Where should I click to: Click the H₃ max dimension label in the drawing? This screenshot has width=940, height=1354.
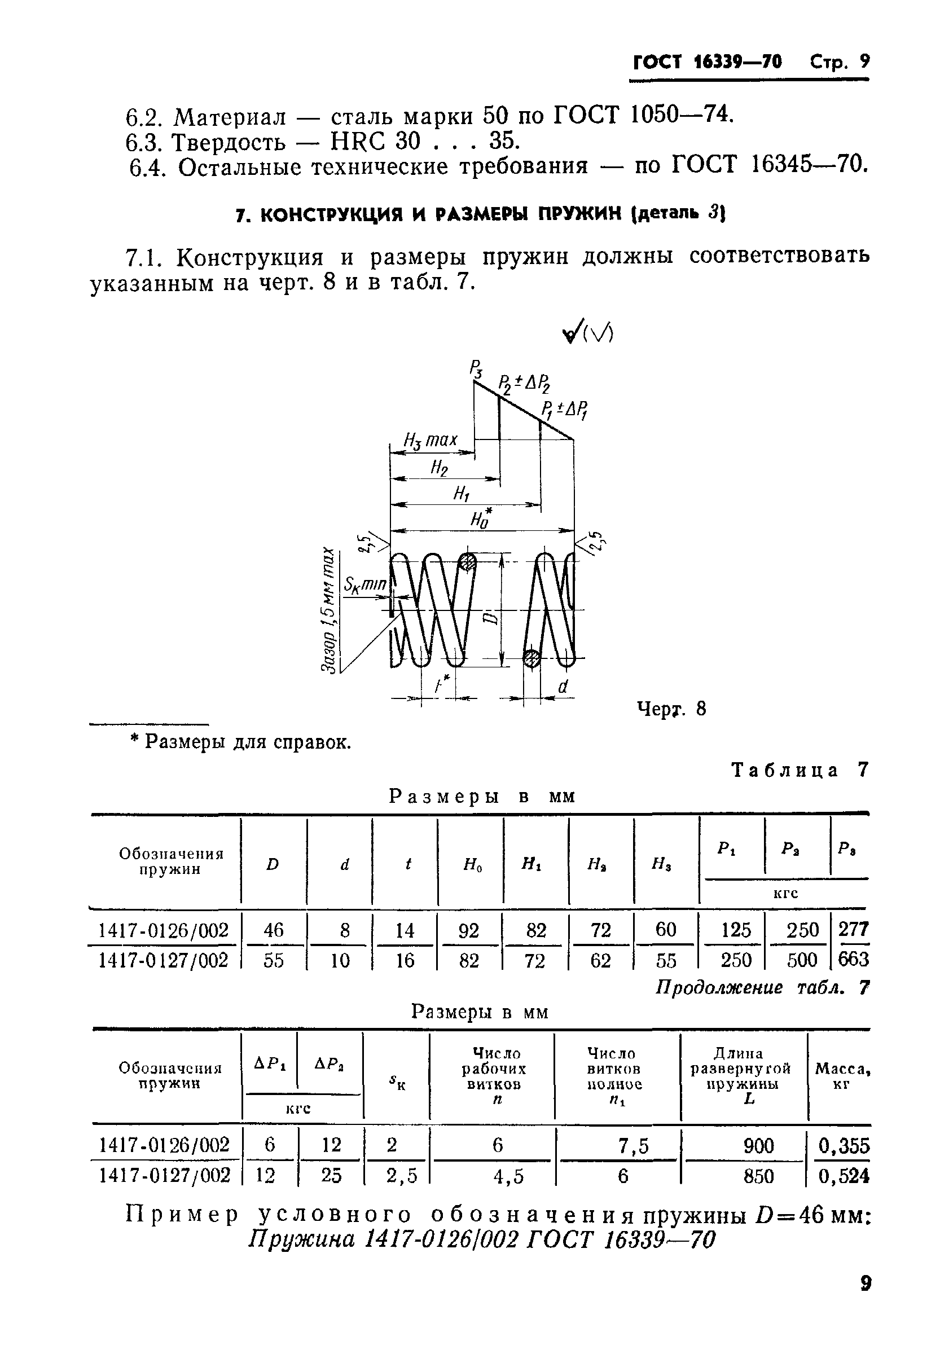coord(430,440)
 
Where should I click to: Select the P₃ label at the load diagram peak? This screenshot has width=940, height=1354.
coord(476,370)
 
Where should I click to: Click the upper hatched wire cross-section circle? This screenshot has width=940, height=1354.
coord(468,561)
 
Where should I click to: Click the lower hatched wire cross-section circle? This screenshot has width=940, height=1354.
coord(532,658)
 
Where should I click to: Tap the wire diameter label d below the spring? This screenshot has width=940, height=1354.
coord(563,687)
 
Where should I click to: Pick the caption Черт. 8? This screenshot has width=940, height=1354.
coord(671,709)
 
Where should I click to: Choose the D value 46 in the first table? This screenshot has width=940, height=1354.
coord(273,930)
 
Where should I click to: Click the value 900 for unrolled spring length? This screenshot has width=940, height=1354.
coord(758,1145)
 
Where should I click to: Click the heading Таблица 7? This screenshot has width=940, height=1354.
coord(800,770)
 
